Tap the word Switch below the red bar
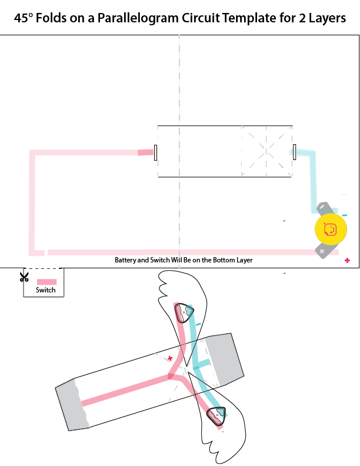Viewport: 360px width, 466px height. [45, 290]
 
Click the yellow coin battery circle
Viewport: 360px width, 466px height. [331, 229]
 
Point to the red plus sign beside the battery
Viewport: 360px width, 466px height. [347, 260]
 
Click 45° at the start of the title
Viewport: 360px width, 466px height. [25, 18]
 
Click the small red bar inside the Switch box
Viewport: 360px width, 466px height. [47, 282]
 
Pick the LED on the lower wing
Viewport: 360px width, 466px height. [218, 415]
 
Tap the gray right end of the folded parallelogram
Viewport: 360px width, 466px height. [224, 357]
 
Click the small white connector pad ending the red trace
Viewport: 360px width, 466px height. [155, 152]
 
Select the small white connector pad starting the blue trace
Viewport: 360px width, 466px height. [294, 152]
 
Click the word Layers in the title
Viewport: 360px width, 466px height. [324, 18]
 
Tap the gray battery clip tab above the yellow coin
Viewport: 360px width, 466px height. [325, 208]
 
